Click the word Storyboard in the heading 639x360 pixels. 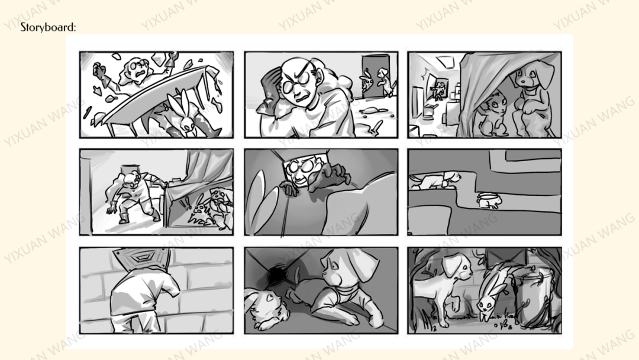tap(47, 27)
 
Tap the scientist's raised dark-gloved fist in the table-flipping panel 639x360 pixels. tap(98, 70)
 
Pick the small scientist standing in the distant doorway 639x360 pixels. tap(439, 91)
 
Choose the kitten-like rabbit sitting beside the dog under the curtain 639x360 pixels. tap(493, 114)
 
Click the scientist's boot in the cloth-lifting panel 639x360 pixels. tap(124, 218)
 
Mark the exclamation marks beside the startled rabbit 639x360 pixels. tap(185, 203)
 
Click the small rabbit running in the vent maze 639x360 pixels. tap(489, 200)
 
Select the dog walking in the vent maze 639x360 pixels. tap(435, 180)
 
